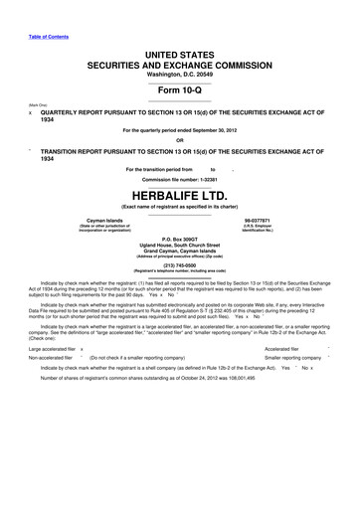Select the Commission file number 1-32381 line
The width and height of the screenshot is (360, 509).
click(179, 178)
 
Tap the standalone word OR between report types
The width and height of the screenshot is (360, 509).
click(179, 140)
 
